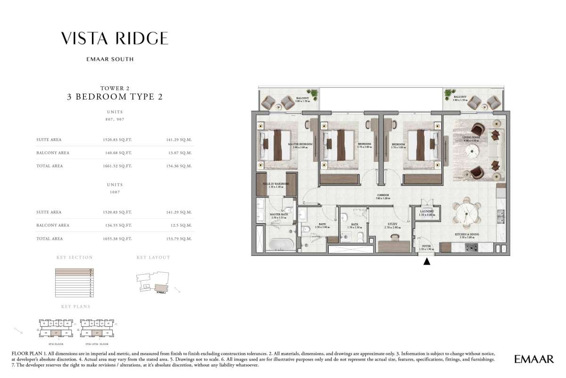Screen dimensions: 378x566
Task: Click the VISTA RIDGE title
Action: click(x=115, y=38)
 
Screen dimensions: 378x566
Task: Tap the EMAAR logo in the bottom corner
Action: click(x=534, y=360)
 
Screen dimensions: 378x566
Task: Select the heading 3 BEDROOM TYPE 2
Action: click(x=115, y=97)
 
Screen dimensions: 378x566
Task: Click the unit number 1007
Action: click(x=115, y=192)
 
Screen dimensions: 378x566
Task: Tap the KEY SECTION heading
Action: click(x=75, y=258)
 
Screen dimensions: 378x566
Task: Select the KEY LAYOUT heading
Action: click(x=153, y=258)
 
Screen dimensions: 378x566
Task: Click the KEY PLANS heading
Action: click(x=75, y=307)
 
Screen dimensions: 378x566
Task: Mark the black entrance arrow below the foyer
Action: click(x=426, y=261)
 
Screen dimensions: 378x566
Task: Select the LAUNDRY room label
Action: click(x=426, y=212)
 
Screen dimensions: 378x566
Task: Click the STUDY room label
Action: click(x=392, y=225)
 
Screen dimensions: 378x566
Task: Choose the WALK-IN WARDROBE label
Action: click(x=273, y=185)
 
